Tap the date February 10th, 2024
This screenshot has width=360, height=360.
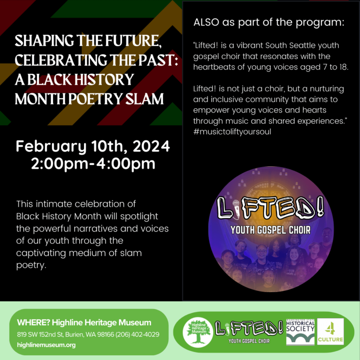93,147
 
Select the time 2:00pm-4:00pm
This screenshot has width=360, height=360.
93,164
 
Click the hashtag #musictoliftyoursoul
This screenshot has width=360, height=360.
232,132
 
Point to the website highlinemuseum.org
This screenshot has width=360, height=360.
46,345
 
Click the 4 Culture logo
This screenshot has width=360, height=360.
330,331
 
